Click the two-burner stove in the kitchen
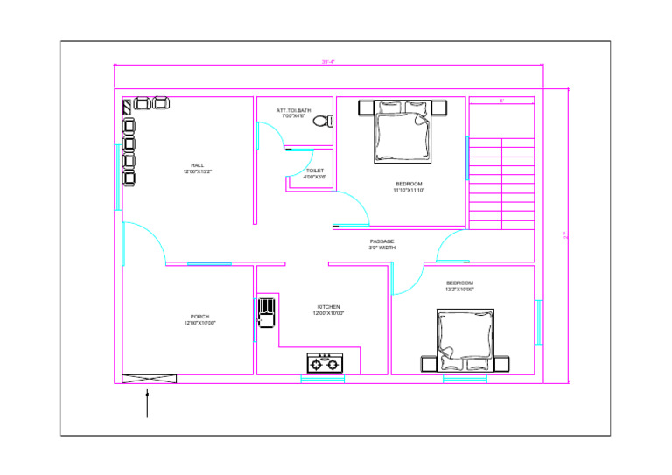(x=325, y=361)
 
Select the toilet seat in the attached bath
(x=321, y=120)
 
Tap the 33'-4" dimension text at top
(x=329, y=62)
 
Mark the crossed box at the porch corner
(x=150, y=378)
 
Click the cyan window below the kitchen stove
(x=322, y=379)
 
